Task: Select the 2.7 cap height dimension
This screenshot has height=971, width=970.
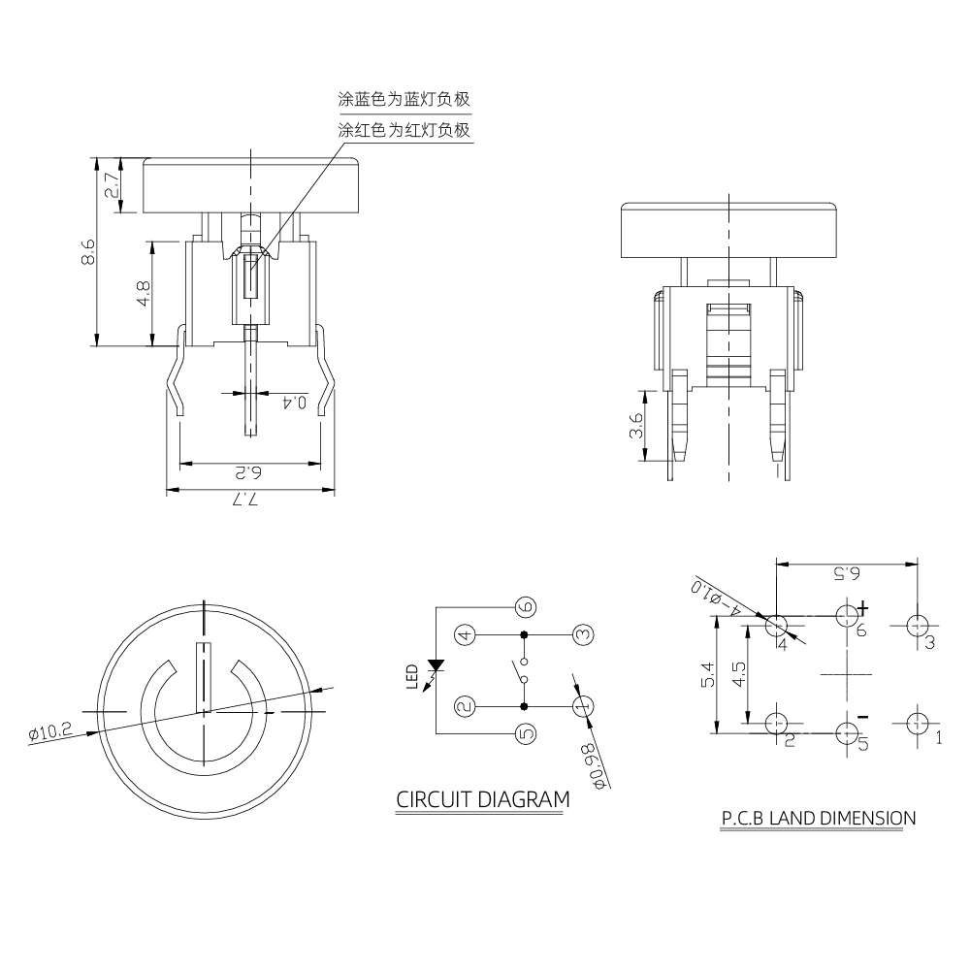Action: click(113, 184)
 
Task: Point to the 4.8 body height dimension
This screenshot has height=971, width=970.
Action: click(143, 293)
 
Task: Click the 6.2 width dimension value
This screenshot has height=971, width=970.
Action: click(249, 472)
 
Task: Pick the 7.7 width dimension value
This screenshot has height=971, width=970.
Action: click(249, 501)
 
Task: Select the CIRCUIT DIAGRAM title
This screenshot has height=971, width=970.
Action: click(482, 800)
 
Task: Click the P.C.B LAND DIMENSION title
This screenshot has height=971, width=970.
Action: click(818, 818)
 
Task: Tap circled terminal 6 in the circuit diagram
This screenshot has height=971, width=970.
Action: click(526, 607)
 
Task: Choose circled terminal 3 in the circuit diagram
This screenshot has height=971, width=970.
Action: click(582, 635)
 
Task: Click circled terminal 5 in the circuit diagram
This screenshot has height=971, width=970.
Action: click(526, 734)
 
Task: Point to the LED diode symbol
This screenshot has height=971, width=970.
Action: click(436, 667)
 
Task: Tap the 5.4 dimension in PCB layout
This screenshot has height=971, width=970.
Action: click(707, 676)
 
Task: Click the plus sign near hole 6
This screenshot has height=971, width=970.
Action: click(862, 607)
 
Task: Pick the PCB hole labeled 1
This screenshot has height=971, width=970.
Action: click(917, 723)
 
